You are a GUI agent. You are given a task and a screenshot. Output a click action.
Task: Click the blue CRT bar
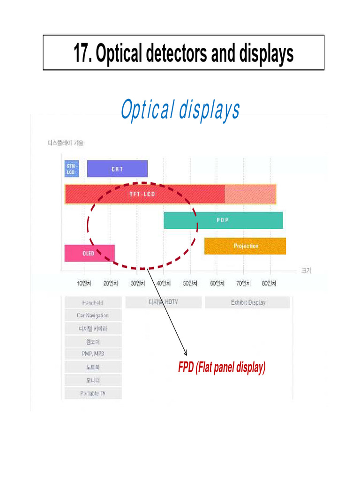(x=117, y=169)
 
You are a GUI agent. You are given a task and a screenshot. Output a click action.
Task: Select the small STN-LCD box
(x=71, y=169)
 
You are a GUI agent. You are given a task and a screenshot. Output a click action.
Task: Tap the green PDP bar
(x=223, y=220)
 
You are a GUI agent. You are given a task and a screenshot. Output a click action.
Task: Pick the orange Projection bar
(x=245, y=246)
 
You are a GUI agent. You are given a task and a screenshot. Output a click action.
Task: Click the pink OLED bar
(x=89, y=253)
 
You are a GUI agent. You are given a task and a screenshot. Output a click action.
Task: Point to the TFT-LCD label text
(x=142, y=194)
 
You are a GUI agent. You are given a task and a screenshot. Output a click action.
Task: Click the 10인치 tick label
(x=84, y=284)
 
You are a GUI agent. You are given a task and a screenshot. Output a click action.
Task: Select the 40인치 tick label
(x=164, y=284)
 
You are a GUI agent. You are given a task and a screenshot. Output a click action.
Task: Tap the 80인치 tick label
(x=270, y=284)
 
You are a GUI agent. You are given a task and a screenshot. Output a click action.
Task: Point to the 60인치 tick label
(x=217, y=284)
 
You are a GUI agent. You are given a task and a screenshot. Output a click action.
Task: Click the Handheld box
(x=93, y=303)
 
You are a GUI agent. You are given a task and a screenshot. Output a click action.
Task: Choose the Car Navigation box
(x=93, y=315)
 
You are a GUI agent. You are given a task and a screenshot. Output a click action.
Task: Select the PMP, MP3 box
(x=93, y=354)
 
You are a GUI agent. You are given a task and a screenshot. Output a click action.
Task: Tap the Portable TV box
(x=93, y=393)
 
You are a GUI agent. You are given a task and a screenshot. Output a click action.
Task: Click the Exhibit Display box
(x=247, y=302)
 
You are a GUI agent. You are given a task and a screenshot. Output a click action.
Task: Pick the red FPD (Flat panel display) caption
(x=222, y=368)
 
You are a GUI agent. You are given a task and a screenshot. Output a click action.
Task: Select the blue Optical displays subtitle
(x=180, y=110)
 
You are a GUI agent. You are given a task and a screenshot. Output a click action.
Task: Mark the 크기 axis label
(x=306, y=270)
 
